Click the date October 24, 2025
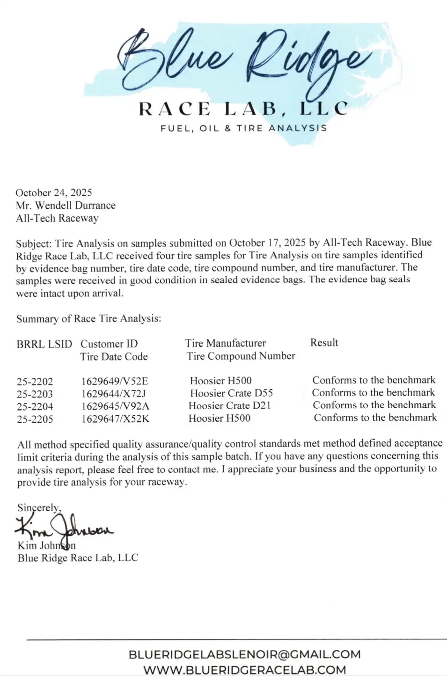(x=54, y=192)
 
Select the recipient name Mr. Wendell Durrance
(x=66, y=205)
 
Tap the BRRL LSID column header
(x=44, y=344)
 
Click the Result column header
(x=324, y=343)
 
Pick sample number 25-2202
(x=35, y=382)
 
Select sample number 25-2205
(x=35, y=419)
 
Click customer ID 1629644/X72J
(x=114, y=394)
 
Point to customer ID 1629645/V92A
(x=115, y=406)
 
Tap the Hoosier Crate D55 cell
(x=231, y=393)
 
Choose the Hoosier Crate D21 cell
(x=229, y=406)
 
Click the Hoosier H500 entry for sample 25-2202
(x=220, y=381)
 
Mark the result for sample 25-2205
(x=375, y=418)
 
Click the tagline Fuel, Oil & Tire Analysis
(x=243, y=128)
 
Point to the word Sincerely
(x=39, y=507)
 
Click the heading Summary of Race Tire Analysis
(x=88, y=319)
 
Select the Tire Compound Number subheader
(x=241, y=356)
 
